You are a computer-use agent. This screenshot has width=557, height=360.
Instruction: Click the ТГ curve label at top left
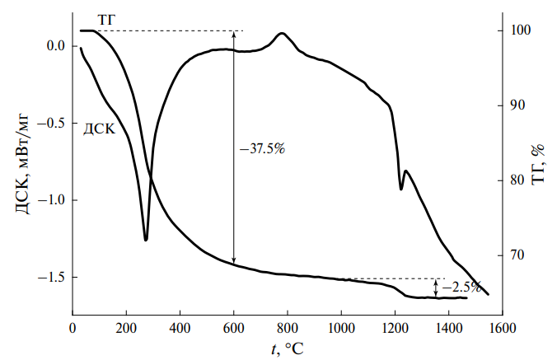pos(107,18)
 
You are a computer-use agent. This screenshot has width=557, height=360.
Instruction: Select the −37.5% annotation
pos(262,149)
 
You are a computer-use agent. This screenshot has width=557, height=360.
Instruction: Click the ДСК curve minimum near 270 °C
pos(146,240)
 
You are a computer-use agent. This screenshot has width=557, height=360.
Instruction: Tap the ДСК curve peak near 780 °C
pos(282,34)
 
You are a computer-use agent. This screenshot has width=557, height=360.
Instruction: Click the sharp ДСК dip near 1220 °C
pos(401,189)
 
